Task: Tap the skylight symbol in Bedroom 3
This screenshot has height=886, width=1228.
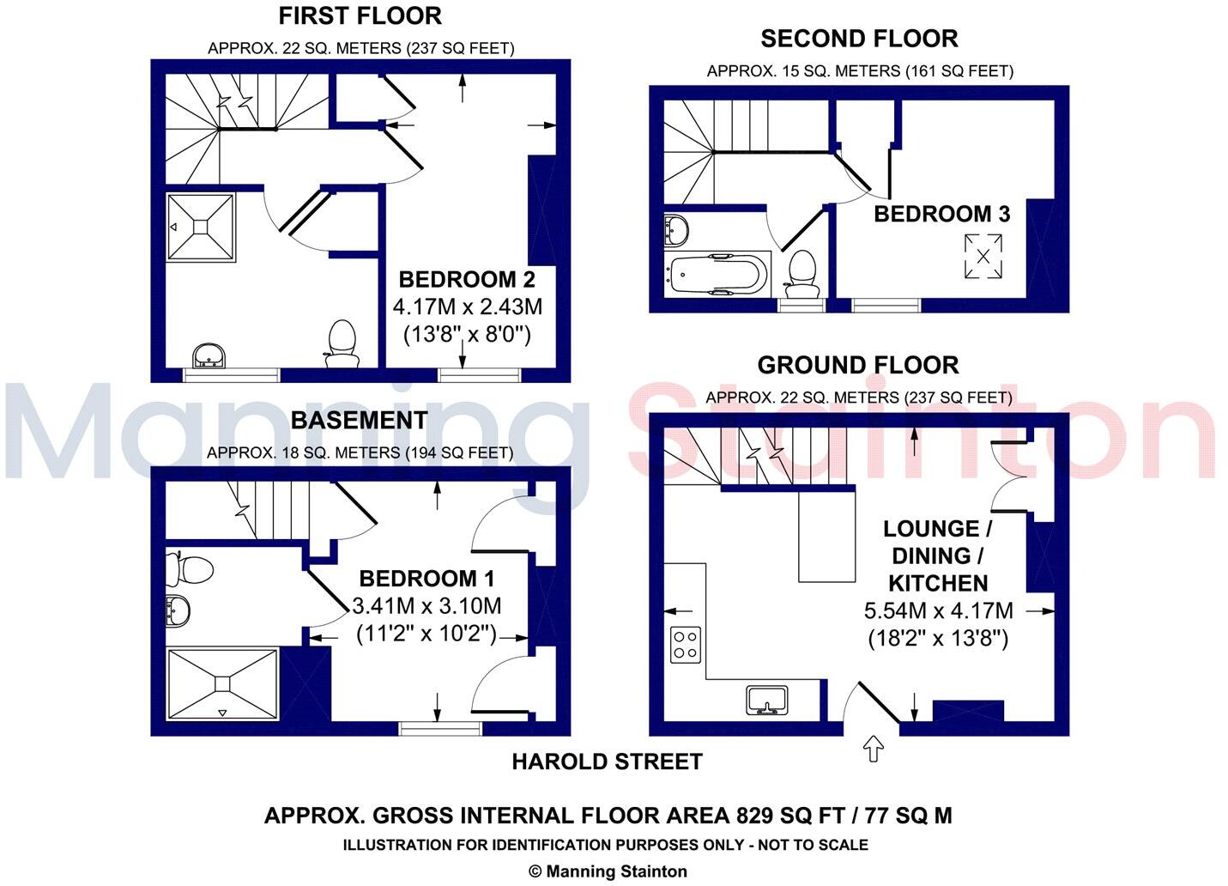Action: pos(983,256)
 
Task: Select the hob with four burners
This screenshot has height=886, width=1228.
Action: pos(685,643)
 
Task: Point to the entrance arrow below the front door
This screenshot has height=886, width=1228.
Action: pos(874,748)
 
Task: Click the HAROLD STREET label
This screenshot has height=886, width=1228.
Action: pos(607,762)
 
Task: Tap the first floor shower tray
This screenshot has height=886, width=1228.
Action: pos(200,227)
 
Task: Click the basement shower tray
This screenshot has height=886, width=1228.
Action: pos(223,683)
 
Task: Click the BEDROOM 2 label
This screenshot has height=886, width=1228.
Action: pos(467,279)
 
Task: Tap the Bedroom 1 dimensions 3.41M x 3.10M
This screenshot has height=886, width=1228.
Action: pos(426,606)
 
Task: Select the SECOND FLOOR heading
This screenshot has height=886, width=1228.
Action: pos(859,39)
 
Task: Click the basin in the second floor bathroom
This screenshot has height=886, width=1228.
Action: pos(676,229)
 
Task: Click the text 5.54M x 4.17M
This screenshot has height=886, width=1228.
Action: pos(938,611)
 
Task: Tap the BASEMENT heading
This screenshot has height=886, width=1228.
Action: pos(359,420)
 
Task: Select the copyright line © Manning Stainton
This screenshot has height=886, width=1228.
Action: pos(608,871)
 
